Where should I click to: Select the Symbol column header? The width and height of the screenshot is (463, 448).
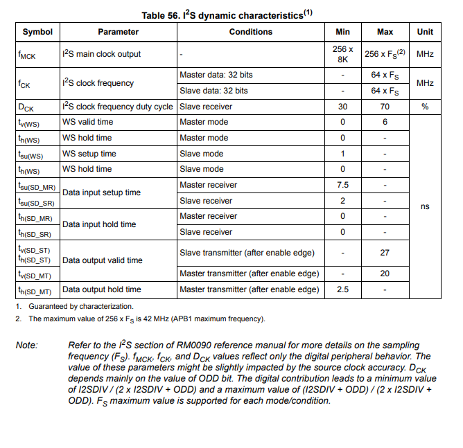37,32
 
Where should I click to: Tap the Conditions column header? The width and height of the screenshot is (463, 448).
250,32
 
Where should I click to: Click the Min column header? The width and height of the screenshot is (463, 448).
342,32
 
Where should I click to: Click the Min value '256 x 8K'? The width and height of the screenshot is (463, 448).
342,54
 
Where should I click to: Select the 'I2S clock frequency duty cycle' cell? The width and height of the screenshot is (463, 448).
118,107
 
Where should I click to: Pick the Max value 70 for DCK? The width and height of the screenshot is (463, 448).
385,107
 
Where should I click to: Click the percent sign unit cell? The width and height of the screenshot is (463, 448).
425,107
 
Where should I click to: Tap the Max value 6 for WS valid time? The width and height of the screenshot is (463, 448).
385,123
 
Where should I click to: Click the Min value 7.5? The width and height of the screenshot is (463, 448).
342,185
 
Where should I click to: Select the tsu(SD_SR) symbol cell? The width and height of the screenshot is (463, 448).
37,201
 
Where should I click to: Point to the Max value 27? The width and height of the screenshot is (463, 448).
385,253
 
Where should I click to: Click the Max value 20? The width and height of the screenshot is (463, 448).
385,274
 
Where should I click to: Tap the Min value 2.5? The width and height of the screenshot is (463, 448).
342,289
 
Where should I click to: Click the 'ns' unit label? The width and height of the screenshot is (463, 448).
425,206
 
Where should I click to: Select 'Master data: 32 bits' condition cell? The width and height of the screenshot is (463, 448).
216,75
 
